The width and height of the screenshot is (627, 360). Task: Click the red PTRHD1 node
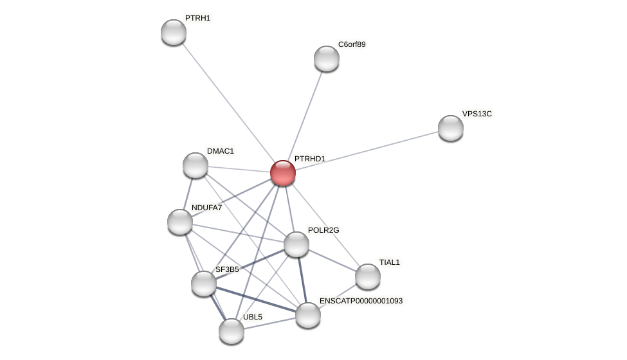coord(283,173)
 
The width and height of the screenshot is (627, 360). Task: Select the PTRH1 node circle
coord(174,32)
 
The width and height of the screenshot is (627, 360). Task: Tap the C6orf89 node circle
coord(327,59)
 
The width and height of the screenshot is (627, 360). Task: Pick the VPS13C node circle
coord(451,128)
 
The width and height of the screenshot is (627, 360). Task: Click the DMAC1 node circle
coord(195,165)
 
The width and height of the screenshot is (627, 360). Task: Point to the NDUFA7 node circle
coord(180,222)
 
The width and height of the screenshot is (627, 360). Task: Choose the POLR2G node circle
coord(296,244)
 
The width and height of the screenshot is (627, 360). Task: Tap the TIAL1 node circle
coord(368,276)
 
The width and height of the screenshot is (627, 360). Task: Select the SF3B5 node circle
coord(204,283)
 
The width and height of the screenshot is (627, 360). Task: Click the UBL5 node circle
coord(232,331)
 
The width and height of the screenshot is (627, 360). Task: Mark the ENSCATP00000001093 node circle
coord(308,315)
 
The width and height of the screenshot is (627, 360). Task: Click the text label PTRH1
coord(198,18)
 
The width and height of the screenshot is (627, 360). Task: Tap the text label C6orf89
coord(352,44)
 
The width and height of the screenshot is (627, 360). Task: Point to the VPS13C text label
coord(477,114)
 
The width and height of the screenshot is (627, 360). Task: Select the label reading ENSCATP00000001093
coord(361,301)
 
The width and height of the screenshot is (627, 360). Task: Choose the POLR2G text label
coord(323,230)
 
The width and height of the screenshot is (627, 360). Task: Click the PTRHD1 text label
coord(310,159)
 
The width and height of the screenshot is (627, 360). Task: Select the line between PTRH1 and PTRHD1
coord(228,103)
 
